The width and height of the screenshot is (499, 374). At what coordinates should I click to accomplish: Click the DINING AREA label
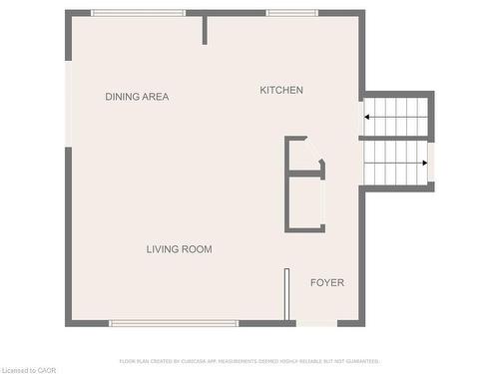[137, 97]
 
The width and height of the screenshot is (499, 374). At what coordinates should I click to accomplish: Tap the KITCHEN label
[281, 91]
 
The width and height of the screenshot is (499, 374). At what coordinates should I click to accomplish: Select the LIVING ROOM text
[179, 249]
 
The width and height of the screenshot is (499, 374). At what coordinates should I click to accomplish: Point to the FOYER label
[326, 283]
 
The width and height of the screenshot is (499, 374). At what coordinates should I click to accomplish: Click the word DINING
[123, 97]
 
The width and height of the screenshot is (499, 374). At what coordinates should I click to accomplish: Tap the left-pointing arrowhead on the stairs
[367, 117]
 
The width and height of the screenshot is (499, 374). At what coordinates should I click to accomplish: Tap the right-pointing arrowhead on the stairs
[425, 163]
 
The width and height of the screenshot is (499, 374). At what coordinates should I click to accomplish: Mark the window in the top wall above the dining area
[138, 13]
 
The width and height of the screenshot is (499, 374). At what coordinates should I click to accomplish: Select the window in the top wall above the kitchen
[291, 13]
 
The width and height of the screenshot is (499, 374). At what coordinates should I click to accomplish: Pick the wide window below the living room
[174, 322]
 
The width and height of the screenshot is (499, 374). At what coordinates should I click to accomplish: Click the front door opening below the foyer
[317, 322]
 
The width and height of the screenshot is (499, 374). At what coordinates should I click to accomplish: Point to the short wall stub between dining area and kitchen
[205, 29]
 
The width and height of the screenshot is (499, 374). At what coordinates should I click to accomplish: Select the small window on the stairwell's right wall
[431, 163]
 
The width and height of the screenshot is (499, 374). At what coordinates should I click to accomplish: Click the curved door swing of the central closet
[320, 163]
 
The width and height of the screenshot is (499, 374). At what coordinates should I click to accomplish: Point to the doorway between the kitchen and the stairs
[360, 116]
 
